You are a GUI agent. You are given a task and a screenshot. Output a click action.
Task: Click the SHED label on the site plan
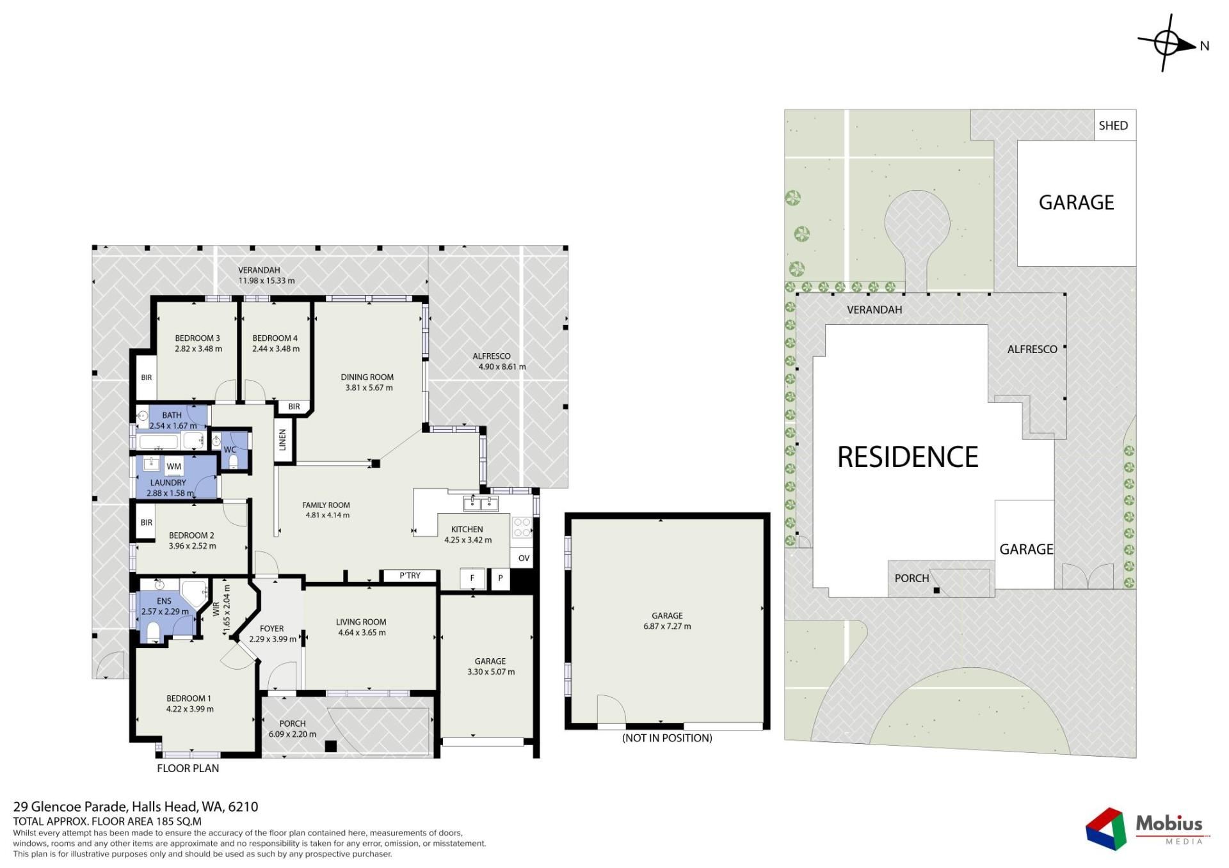[x=1113, y=125]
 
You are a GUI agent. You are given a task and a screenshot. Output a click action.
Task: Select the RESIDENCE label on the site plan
[x=908, y=457]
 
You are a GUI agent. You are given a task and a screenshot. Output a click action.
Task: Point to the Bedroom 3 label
[x=198, y=338]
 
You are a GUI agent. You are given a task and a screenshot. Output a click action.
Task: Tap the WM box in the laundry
[x=174, y=467]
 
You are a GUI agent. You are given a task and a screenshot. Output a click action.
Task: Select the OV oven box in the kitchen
[x=524, y=558]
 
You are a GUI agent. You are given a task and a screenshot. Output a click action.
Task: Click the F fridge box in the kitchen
[x=472, y=578]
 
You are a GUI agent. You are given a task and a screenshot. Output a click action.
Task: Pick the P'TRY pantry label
[x=410, y=576]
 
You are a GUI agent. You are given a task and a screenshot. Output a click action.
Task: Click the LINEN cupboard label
[x=282, y=439]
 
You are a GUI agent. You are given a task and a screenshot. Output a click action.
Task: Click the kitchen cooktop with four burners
[x=522, y=527]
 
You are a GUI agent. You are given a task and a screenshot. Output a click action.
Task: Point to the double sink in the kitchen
[x=481, y=503]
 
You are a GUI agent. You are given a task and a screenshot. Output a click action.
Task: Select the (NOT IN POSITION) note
[x=667, y=738]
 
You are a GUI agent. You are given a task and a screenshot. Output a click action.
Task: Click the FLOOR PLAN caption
[x=188, y=768]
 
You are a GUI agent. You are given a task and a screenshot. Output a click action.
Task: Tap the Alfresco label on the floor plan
[x=492, y=356]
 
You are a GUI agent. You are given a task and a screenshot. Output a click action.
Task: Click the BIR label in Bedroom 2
[x=147, y=523]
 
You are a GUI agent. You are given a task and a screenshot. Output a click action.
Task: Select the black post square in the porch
[x=331, y=746]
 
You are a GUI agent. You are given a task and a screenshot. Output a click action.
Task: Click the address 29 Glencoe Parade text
[x=71, y=807]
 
